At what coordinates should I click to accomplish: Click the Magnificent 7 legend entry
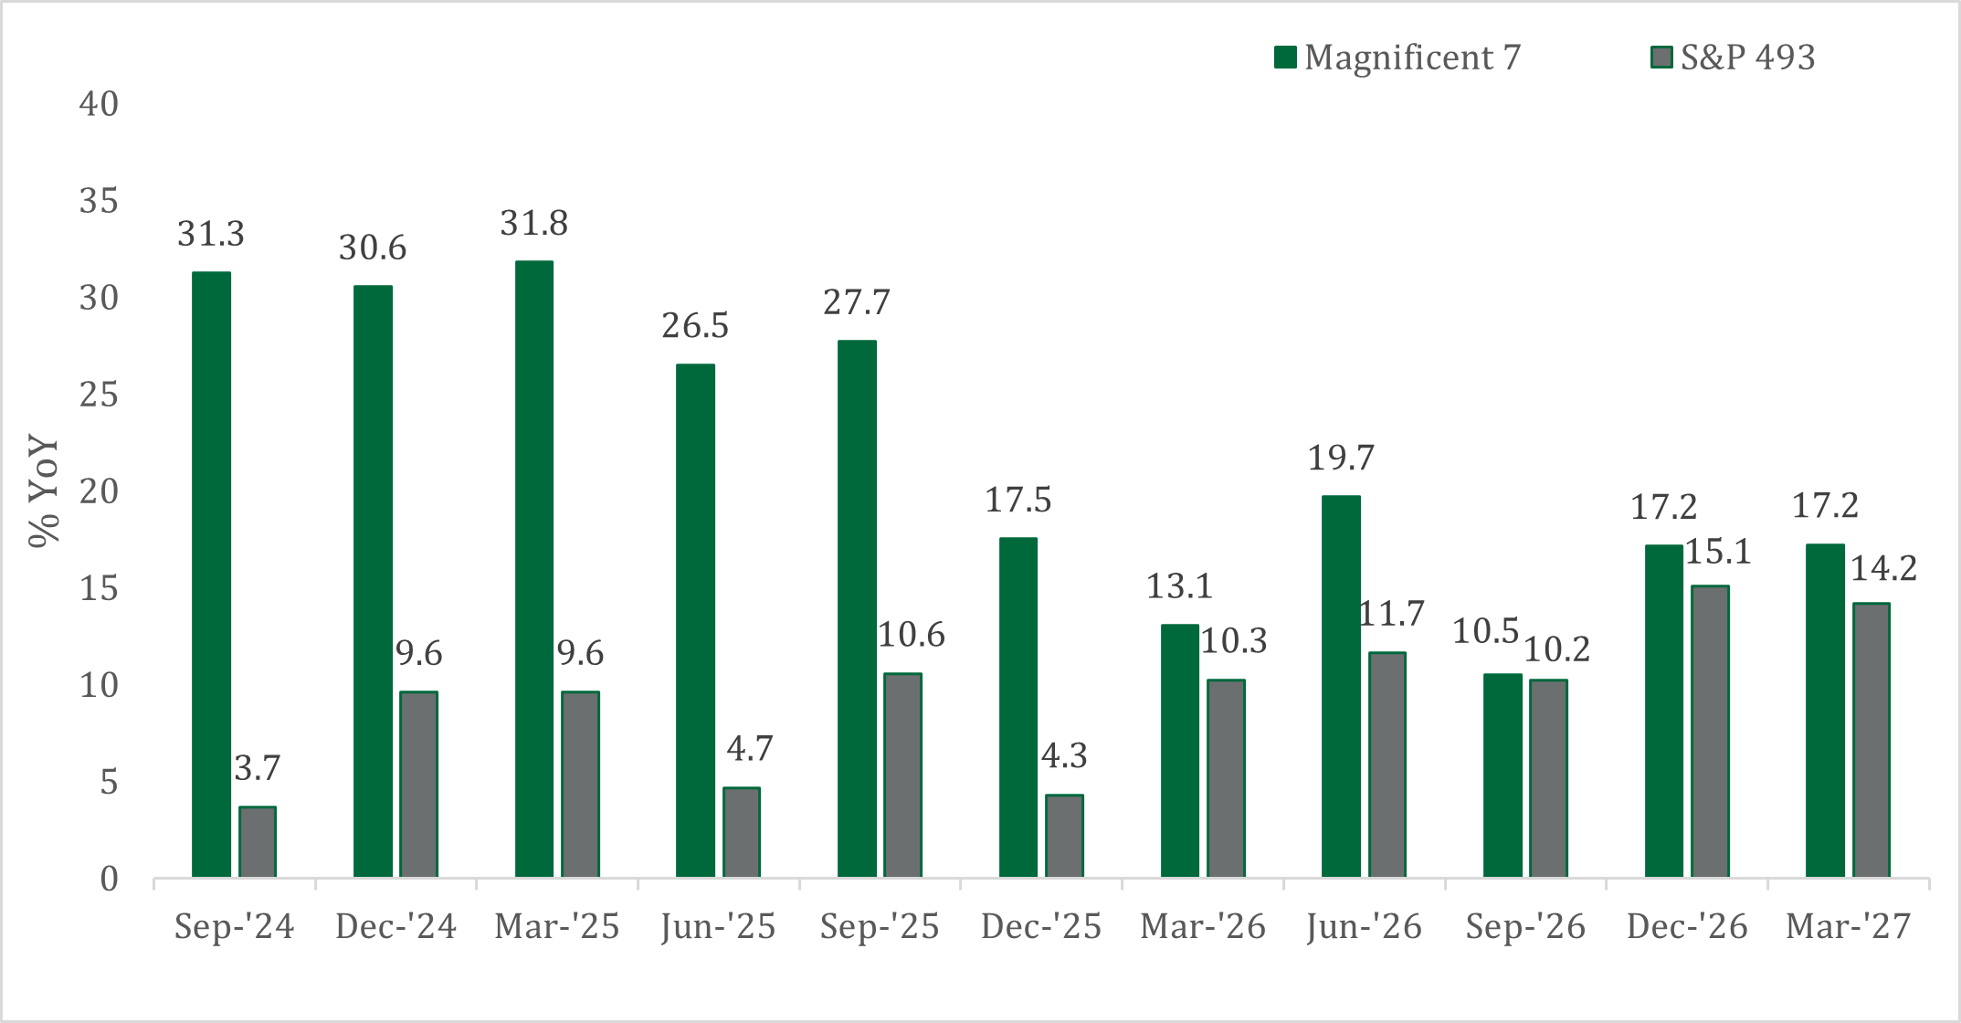(x=1397, y=58)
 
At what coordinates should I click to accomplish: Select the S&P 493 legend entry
(x=1733, y=58)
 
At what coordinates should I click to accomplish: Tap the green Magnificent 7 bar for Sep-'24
(x=211, y=575)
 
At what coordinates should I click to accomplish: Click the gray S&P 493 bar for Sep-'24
(x=258, y=841)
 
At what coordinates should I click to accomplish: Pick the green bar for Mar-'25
(x=534, y=569)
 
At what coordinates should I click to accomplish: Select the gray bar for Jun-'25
(x=742, y=832)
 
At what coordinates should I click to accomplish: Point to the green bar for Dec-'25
(x=1018, y=708)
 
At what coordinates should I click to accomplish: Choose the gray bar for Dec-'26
(x=1710, y=732)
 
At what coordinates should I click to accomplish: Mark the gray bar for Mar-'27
(x=1871, y=740)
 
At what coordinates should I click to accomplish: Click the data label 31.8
(x=534, y=223)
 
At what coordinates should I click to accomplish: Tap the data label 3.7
(x=258, y=768)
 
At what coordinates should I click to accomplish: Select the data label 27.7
(x=857, y=302)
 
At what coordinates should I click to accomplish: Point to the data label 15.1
(x=1718, y=552)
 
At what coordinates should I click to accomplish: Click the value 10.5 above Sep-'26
(x=1485, y=631)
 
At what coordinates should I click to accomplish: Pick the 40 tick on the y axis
(x=99, y=104)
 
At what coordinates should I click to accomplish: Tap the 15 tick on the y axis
(x=99, y=589)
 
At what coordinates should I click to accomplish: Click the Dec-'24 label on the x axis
(x=395, y=927)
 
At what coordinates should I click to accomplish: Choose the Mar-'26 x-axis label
(x=1203, y=927)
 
